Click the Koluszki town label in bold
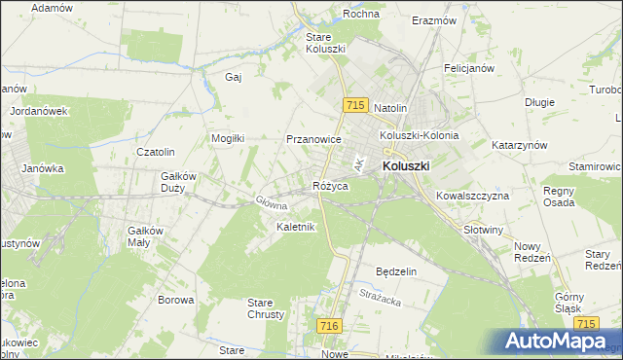(x=406, y=166)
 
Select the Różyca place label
(x=330, y=185)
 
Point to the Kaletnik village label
(x=295, y=227)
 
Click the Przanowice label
(x=312, y=139)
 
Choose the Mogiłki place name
(x=229, y=138)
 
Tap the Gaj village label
(x=233, y=77)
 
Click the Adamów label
(x=52, y=7)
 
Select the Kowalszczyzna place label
(x=473, y=196)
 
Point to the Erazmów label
(x=434, y=20)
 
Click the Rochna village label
(x=360, y=15)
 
